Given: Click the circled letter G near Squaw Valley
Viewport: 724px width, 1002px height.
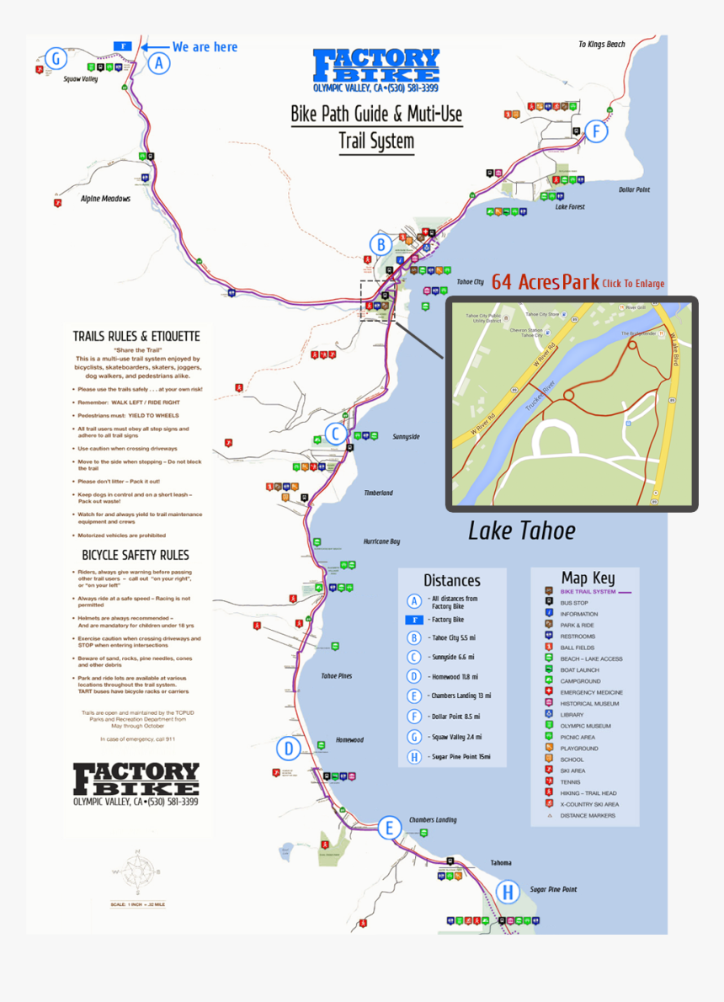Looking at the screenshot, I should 56,58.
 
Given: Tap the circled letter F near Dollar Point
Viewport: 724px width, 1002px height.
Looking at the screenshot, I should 597,131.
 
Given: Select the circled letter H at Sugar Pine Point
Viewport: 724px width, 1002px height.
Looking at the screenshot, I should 508,893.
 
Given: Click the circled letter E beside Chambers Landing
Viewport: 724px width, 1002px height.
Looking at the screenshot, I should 388,828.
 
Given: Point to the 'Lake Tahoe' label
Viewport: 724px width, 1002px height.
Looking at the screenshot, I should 521,530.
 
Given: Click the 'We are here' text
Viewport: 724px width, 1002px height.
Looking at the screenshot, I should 205,47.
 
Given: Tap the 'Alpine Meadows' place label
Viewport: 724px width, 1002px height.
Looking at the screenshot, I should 105,199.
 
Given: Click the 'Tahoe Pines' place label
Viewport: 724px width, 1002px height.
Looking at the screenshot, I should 337,676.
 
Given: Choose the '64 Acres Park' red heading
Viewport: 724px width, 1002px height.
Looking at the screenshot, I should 545,282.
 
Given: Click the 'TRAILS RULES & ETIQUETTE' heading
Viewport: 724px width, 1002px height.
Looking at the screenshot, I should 136,336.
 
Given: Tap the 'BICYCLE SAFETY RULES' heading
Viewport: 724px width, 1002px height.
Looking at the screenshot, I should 136,555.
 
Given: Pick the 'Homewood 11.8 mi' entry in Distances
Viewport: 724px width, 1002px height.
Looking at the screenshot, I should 455,676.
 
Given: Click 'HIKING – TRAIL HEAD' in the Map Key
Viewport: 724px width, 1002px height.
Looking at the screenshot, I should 590,793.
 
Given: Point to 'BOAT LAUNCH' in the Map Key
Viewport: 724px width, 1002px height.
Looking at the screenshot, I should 580,669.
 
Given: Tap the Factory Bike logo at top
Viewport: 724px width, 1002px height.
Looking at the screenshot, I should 375,67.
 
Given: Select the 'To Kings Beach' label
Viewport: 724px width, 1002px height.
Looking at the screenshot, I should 601,45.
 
